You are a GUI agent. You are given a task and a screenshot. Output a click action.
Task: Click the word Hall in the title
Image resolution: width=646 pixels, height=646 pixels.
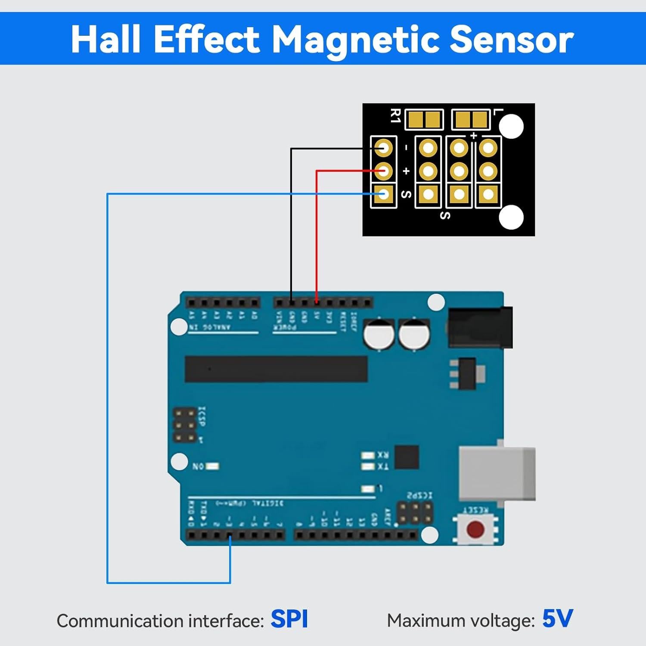(106, 39)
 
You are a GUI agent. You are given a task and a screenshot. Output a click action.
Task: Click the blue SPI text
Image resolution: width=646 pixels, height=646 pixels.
(289, 619)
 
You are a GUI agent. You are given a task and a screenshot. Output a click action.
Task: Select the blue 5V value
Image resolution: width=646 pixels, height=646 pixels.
(557, 619)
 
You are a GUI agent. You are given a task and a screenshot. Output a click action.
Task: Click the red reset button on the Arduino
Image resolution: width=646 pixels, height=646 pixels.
(475, 529)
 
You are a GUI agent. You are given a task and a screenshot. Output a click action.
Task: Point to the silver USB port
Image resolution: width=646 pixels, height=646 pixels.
(497, 473)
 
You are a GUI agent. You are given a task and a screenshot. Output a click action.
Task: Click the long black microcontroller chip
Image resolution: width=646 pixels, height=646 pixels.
(276, 369)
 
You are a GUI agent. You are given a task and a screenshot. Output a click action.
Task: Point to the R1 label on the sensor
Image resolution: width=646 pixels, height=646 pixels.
(395, 116)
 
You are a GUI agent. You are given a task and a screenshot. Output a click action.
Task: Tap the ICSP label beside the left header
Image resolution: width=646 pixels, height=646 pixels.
(202, 416)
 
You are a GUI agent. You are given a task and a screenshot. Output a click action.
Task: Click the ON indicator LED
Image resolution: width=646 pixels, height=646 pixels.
(212, 466)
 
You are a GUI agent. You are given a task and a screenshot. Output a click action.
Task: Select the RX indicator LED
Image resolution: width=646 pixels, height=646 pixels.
(368, 455)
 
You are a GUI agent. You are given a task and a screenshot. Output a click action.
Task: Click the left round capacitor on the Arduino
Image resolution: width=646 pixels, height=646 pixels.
(379, 334)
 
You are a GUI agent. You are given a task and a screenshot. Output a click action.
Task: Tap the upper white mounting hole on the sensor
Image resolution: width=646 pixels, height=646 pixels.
(511, 127)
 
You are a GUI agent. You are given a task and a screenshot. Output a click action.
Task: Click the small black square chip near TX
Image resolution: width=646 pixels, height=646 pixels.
(407, 457)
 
